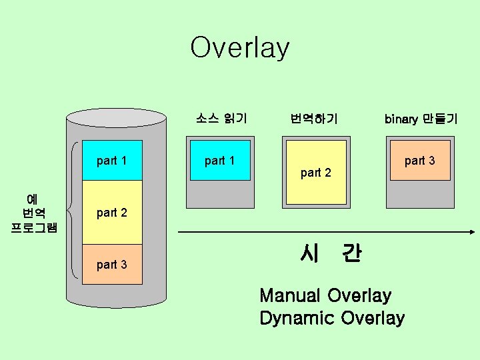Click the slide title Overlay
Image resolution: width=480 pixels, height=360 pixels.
click(x=240, y=48)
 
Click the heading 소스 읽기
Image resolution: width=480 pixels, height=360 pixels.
click(x=221, y=119)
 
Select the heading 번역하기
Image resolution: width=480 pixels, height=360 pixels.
click(x=314, y=119)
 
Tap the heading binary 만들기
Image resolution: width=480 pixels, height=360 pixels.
click(x=421, y=119)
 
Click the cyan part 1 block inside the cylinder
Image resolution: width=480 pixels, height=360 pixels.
click(x=112, y=160)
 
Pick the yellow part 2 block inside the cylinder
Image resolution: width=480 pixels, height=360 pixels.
click(x=112, y=213)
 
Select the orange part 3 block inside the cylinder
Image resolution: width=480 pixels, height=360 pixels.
click(x=112, y=265)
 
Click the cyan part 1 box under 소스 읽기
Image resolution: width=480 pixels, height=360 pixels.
click(x=219, y=160)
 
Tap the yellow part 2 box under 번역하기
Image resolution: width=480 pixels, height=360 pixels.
click(x=315, y=173)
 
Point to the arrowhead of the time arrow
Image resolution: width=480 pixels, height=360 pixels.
click(x=469, y=231)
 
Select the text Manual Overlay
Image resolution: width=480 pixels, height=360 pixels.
click(x=325, y=295)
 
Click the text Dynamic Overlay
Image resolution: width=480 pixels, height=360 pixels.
click(x=332, y=318)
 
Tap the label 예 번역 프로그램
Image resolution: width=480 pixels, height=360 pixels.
click(x=34, y=213)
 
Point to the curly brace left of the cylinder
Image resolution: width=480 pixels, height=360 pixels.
click(x=73, y=207)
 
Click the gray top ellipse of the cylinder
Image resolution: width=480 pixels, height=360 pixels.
click(x=116, y=118)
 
